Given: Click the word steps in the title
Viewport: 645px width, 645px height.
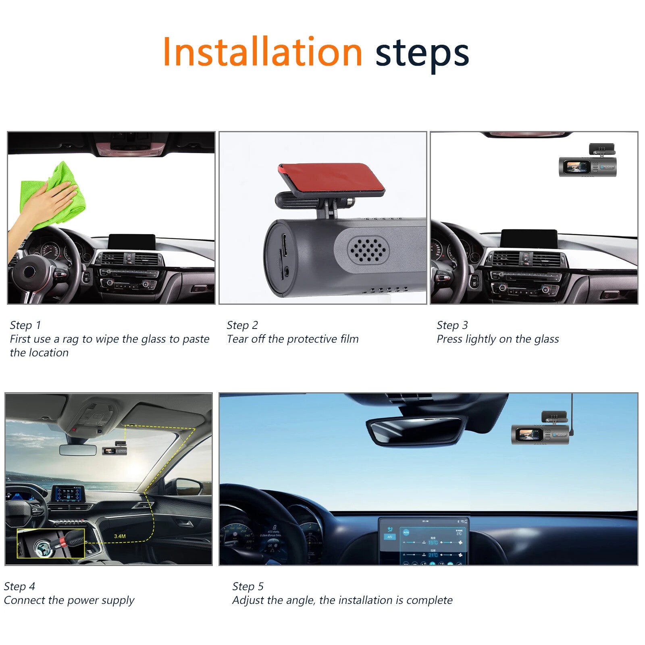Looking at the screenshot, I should (422, 54).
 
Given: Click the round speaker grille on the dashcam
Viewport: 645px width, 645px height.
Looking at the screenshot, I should (368, 249).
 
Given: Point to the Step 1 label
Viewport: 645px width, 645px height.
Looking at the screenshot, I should (25, 325).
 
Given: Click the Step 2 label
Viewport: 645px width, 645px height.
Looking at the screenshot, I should (242, 325).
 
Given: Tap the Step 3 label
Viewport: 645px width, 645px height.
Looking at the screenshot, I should (452, 325).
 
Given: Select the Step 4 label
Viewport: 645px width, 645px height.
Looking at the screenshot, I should (19, 586).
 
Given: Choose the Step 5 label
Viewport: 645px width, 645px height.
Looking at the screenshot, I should (248, 586).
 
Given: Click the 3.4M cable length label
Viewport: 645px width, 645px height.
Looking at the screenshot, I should (120, 536).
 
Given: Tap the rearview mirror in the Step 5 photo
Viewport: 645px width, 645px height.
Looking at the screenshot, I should (415, 431).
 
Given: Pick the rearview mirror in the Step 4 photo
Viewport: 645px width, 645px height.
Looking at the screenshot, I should (78, 450).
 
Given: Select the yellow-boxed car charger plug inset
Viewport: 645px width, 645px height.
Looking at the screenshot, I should (50, 543).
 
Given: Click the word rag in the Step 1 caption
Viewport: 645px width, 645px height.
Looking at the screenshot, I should (70, 339).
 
